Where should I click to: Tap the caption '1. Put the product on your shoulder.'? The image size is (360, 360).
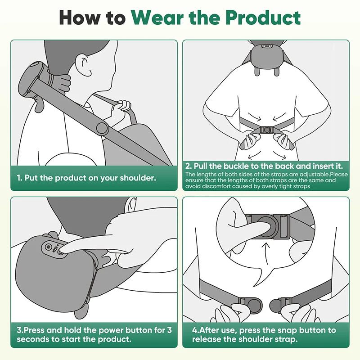coord(86,178)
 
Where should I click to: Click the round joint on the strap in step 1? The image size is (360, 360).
coord(102,128)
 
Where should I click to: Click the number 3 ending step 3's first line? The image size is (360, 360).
coord(169,330)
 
